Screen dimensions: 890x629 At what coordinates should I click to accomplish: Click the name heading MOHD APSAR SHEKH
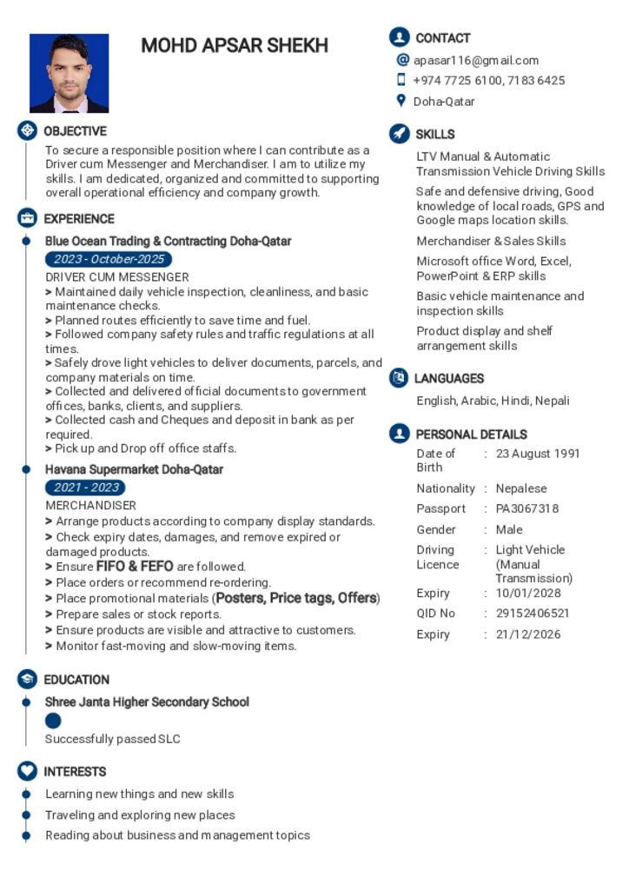coord(235,46)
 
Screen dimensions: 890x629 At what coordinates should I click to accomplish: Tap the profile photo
coord(69,73)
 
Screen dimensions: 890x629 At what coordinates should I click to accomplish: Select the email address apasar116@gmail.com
coord(476,60)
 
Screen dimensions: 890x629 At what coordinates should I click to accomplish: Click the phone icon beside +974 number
coord(401,80)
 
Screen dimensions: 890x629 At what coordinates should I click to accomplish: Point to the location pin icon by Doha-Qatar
coord(401,101)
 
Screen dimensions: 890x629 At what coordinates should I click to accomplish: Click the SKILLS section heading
coord(434,134)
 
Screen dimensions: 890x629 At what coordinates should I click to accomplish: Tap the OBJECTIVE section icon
coord(27,131)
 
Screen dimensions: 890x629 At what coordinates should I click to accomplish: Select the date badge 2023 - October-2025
coord(109,259)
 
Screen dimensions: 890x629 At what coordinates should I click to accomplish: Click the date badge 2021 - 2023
coord(85,488)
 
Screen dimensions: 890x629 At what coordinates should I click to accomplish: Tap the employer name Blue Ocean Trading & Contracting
coord(168,241)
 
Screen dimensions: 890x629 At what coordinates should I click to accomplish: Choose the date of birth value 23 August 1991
coord(538,453)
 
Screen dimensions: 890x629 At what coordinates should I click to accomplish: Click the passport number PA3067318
coord(527,508)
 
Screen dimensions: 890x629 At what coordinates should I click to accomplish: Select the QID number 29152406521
coord(533,613)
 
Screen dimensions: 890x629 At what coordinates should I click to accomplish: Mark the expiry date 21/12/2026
coord(528,634)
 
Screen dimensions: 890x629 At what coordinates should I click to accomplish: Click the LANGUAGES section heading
coord(448,378)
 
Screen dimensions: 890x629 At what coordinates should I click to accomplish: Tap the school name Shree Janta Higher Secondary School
coord(147,701)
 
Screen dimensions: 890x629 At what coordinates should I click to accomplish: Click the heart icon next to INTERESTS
coord(27,771)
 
